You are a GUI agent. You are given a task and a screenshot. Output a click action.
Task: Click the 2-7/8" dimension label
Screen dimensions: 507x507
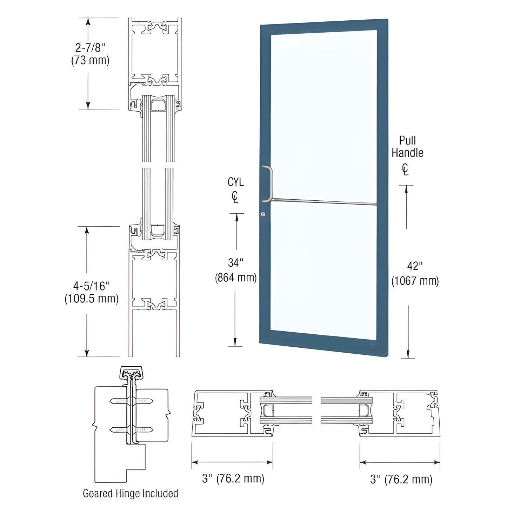[x=90, y=48]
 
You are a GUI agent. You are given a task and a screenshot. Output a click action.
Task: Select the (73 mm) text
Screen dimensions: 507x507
[x=90, y=60]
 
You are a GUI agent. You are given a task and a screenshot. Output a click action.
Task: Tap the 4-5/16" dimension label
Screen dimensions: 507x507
[x=91, y=286]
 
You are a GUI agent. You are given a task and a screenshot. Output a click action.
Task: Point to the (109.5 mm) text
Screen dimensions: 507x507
[x=91, y=299]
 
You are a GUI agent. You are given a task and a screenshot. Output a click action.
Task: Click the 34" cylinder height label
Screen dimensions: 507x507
[x=235, y=262]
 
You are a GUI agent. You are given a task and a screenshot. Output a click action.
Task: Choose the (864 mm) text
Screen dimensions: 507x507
[x=236, y=278]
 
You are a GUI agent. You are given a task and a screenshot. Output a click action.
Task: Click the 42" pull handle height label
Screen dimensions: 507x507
[x=415, y=266]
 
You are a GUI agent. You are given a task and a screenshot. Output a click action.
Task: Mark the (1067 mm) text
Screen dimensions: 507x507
[x=415, y=281]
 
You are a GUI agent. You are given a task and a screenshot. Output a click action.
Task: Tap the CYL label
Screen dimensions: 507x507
[x=235, y=182]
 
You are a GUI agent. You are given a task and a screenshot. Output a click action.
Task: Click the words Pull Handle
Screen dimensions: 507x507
[x=407, y=147]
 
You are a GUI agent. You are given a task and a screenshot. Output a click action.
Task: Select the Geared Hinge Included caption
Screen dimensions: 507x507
[x=130, y=493]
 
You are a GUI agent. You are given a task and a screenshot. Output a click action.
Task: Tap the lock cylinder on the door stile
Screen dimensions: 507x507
[x=263, y=214]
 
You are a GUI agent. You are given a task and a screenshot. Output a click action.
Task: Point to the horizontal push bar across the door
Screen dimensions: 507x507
[x=323, y=201]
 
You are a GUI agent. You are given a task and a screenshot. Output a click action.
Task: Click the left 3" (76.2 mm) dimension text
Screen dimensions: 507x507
[x=233, y=478]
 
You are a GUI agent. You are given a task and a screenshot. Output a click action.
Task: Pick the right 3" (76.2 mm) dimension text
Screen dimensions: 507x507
[x=401, y=479]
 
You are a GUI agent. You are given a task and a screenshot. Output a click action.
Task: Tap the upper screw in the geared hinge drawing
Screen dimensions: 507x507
[x=131, y=401]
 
